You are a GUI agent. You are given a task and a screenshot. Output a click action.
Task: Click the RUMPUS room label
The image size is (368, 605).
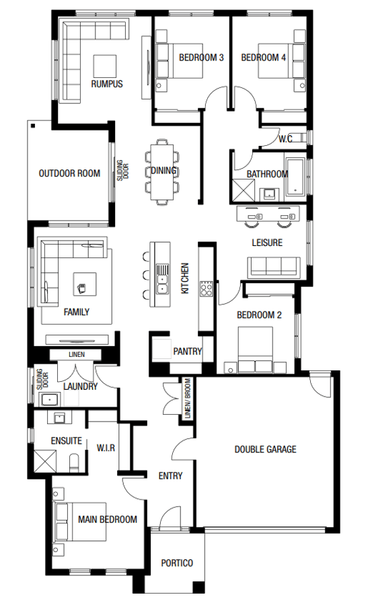tap(107, 84)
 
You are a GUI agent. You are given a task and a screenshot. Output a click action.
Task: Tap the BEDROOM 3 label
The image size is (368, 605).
tap(201, 58)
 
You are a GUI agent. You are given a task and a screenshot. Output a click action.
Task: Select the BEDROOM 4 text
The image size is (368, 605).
tap(264, 58)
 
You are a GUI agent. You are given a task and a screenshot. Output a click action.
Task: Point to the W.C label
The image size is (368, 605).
tap(285, 139)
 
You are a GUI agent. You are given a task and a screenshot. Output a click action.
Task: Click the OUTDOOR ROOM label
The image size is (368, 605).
tap(69, 173)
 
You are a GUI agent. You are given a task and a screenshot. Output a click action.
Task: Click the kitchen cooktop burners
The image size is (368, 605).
tap(207, 290)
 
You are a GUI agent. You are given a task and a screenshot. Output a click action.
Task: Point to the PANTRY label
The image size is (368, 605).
tap(187, 351)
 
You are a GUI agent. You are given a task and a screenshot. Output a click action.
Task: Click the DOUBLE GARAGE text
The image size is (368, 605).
tap(265, 450)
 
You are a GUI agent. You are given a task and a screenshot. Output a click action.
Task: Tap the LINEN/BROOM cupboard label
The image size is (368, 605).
tap(187, 401)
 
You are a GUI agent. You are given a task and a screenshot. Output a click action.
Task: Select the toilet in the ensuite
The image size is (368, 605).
tap(75, 462)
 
